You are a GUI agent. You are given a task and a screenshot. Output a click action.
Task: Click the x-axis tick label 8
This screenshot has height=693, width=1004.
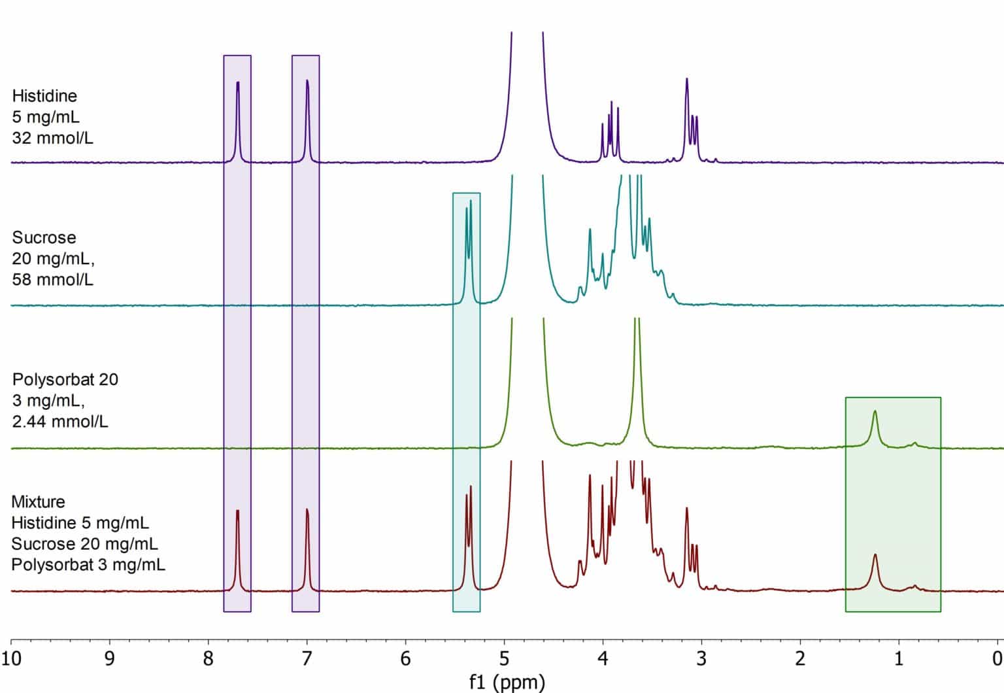208,658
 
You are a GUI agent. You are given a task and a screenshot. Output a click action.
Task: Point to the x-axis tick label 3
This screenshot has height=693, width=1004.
701,658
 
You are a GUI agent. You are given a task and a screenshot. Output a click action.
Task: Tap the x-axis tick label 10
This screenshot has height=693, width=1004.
11,658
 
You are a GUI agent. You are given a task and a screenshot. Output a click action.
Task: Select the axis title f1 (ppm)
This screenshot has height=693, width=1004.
507,682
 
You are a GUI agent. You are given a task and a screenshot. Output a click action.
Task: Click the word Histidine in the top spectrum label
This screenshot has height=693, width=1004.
44,96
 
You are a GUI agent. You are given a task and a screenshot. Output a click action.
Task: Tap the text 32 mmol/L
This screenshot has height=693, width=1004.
52,138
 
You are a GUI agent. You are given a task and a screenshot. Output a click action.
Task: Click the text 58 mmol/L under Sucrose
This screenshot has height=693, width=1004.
52,280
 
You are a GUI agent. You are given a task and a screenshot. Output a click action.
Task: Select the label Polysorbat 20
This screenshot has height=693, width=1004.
65,380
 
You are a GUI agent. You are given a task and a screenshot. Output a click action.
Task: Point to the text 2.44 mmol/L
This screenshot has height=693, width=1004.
60,422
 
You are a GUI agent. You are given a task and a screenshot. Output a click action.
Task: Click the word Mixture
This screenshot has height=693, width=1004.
38,502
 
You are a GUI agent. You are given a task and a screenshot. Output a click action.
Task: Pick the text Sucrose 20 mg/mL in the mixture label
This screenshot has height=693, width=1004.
84,544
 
